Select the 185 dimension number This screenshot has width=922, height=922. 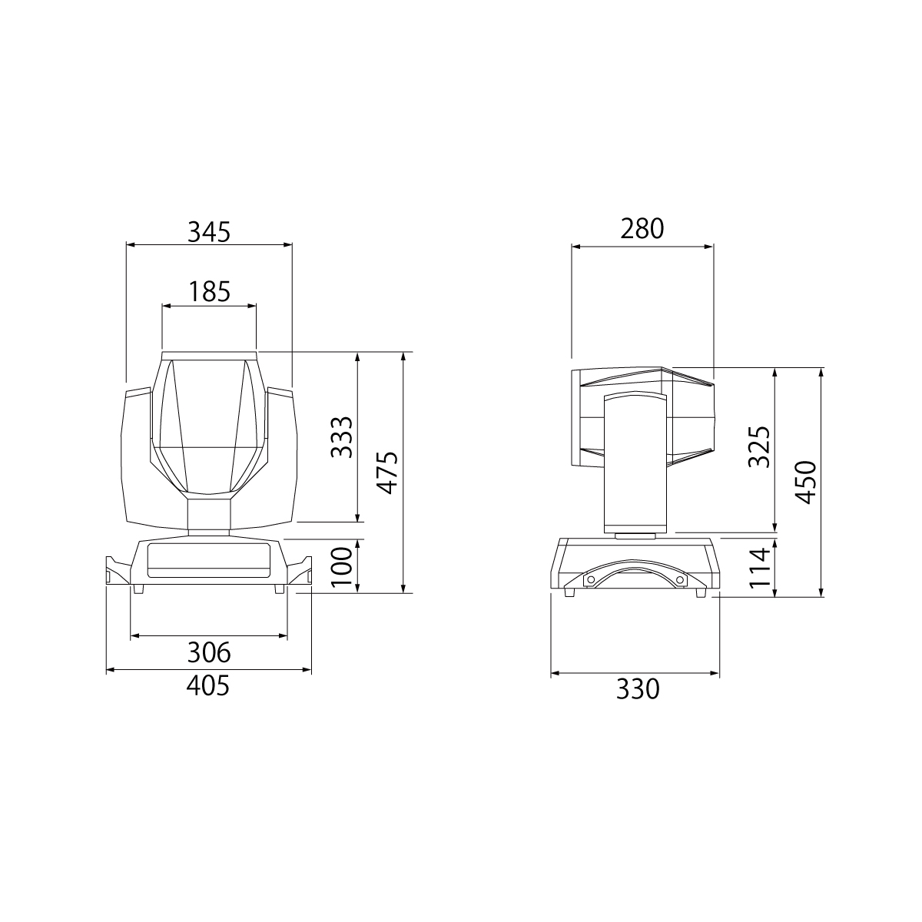tap(210, 291)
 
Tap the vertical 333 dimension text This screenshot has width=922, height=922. tap(342, 437)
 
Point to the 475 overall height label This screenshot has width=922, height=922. tap(387, 473)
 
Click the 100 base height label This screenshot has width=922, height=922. tap(342, 568)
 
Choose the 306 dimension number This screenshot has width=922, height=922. tap(209, 652)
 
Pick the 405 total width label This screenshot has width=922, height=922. tap(208, 685)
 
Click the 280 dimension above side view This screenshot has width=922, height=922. tap(642, 229)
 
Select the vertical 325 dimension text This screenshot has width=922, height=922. tap(759, 446)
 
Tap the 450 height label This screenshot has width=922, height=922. tap(806, 483)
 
